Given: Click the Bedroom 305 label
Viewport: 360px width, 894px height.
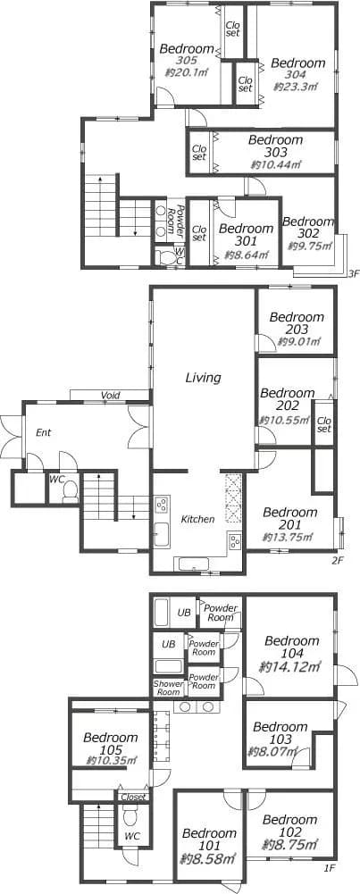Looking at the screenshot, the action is (187, 54).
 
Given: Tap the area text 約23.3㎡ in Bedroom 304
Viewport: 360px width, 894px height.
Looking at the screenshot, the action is (295, 87).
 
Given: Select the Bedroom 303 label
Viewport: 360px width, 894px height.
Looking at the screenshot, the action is (275, 146).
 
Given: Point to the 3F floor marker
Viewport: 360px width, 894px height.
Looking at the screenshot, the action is (354, 273).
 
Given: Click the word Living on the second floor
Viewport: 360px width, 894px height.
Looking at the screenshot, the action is (203, 377).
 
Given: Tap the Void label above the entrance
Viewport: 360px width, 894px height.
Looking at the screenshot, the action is (110, 395).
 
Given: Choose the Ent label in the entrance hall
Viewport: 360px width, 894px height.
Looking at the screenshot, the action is (44, 433).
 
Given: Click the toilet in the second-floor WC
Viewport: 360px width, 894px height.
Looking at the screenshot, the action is (70, 491).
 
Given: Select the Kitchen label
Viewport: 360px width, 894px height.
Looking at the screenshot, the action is (198, 519).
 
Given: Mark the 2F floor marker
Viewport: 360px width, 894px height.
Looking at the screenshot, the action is (338, 561).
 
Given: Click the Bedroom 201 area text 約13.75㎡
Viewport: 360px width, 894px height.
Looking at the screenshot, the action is (287, 537).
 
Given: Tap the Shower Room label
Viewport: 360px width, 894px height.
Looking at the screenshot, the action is (168, 688).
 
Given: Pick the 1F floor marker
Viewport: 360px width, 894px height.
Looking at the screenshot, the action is (329, 884).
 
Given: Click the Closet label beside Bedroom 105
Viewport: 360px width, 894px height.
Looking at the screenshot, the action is (133, 797).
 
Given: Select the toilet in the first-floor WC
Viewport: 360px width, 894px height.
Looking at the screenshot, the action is (130, 819).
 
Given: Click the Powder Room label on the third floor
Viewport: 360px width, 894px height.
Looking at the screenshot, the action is (180, 217).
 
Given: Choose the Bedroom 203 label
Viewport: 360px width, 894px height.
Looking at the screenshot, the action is (297, 322).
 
